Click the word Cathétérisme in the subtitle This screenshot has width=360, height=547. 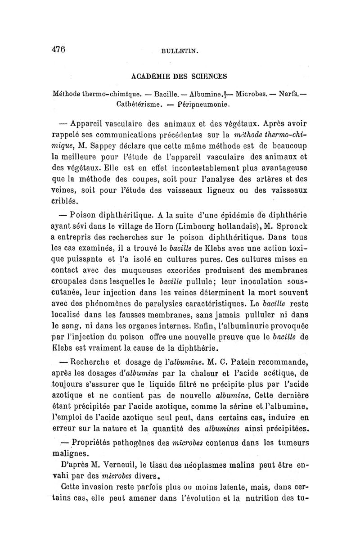pos(135,105)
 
